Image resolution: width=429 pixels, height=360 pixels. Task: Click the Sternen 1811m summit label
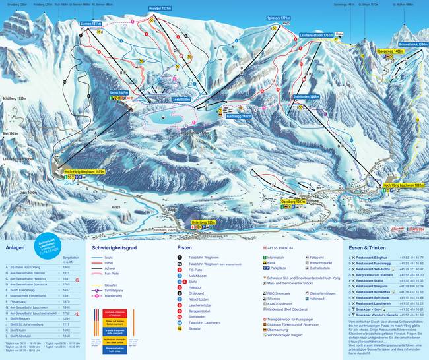tap(91, 24)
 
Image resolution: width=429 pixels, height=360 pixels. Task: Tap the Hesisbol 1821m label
tap(160, 9)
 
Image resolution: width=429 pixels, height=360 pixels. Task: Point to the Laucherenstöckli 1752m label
tap(315, 34)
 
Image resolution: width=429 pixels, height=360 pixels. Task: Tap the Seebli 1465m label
tap(119, 94)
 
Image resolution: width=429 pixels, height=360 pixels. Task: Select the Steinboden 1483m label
tap(306, 96)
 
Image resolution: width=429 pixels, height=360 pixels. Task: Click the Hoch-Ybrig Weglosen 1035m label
tap(82, 171)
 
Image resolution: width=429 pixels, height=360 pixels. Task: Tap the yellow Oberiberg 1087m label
tap(292, 201)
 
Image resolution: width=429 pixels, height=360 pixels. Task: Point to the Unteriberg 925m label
tap(203, 223)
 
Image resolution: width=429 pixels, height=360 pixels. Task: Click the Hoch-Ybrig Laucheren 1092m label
tap(403, 186)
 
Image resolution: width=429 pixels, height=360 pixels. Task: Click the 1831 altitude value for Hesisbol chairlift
tap(66, 279)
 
